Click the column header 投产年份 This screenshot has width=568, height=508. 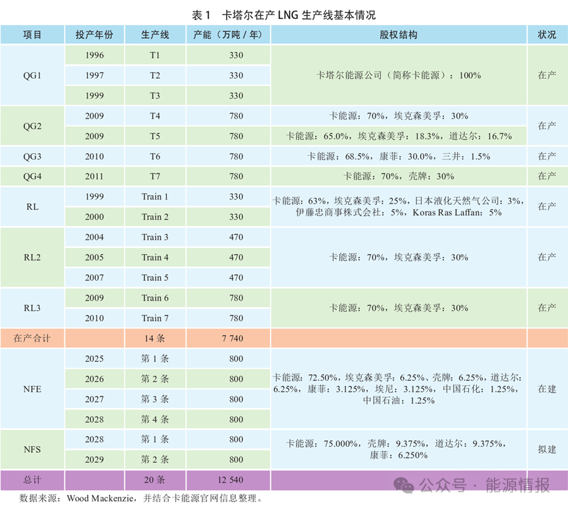tap(95, 35)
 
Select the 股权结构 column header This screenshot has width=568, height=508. tap(399, 35)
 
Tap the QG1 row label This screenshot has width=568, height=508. tap(32, 75)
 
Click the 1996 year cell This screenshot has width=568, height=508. tap(95, 55)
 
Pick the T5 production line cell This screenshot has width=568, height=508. tap(155, 137)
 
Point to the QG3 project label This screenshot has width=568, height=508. tap(32, 156)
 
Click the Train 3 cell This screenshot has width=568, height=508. tap(155, 237)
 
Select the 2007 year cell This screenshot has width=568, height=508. tap(95, 278)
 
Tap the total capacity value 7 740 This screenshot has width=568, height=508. tap(228, 339)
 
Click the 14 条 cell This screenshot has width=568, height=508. tap(155, 339)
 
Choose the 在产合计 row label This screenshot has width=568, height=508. tap(32, 339)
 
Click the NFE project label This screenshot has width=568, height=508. tap(32, 389)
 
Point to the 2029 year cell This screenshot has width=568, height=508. tap(95, 459)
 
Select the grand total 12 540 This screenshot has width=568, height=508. tap(228, 480)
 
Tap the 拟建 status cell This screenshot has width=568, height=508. tap(547, 450)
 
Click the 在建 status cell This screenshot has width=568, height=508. tap(547, 389)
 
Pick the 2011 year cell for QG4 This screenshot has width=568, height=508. tap(95, 177)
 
